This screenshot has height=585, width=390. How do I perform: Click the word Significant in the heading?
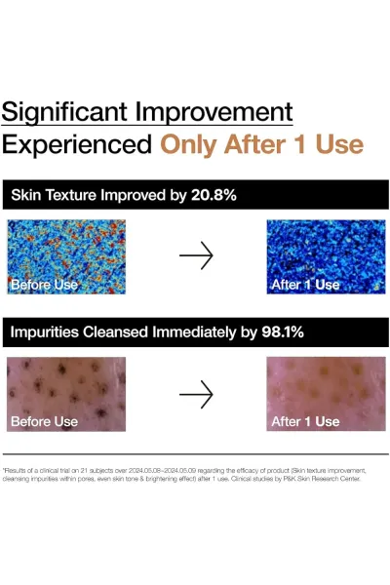64,113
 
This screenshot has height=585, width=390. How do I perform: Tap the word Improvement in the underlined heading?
214,113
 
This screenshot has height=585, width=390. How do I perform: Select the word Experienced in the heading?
77,145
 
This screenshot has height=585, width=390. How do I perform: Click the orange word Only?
189,145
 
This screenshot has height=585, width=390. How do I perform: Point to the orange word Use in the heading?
339,144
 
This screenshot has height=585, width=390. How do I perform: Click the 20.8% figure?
214,195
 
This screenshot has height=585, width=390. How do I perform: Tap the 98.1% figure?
283,332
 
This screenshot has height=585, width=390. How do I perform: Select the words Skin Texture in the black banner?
54,195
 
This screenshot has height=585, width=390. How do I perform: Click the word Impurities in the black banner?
45,332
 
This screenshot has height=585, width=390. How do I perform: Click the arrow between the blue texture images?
196,255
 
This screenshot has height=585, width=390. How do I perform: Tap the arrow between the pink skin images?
196,394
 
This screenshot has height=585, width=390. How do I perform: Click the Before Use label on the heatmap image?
45,285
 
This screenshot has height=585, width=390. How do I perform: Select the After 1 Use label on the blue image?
305,285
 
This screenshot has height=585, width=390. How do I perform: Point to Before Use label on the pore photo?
45,421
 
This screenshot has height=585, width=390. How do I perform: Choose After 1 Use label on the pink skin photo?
305,421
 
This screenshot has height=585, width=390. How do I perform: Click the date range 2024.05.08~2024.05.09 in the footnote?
162,471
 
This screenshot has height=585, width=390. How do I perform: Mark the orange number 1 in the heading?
300,144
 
